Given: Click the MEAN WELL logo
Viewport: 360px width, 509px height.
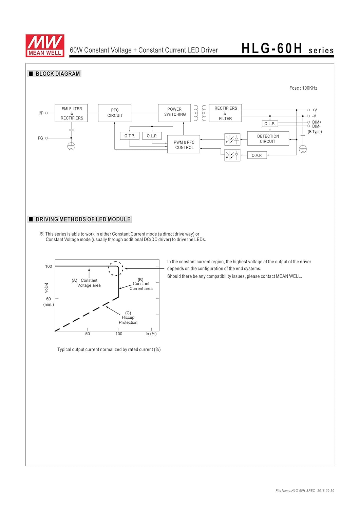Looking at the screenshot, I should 45,45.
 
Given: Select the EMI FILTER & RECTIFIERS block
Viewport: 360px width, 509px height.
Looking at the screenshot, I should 71,113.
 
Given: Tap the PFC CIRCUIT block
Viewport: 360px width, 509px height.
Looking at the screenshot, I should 115,113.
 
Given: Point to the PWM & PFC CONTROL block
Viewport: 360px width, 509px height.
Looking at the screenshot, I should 184,145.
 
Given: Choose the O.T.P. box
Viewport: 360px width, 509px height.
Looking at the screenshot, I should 130,136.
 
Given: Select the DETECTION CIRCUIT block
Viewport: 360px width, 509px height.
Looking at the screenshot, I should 268,138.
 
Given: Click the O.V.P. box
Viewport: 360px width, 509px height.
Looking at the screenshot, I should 257,155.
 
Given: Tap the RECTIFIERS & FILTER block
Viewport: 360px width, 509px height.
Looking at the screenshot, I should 225,113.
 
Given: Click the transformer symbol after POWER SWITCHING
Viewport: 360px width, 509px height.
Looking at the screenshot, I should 200,113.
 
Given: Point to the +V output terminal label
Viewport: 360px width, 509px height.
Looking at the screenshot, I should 315,110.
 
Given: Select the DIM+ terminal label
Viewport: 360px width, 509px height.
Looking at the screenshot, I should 317,122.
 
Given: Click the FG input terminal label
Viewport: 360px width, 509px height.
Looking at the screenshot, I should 40,138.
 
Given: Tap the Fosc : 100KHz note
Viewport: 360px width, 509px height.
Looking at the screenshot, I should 303,88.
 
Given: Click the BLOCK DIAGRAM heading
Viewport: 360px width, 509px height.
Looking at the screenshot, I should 58,74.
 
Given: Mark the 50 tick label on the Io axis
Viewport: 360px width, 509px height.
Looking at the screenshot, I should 88,334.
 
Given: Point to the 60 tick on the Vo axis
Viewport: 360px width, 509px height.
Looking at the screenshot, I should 49,299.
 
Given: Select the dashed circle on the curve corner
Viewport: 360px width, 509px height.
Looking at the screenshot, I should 116,269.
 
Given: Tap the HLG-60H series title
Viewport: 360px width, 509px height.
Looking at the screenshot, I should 287,49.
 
